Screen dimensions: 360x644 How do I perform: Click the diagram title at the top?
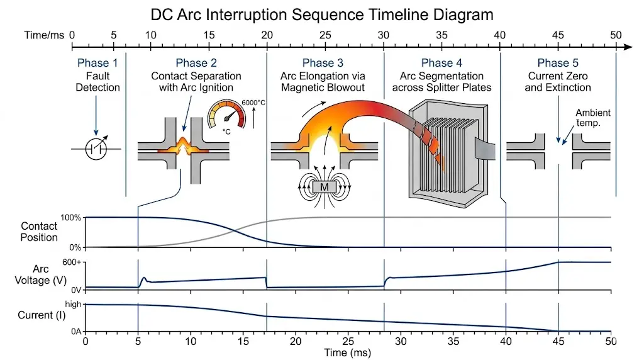point(322,14)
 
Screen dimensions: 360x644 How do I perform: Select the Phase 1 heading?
point(97,63)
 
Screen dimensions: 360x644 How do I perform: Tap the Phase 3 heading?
point(323,63)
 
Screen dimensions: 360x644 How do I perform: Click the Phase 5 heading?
point(558,63)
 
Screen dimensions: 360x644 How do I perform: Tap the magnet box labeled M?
point(324,186)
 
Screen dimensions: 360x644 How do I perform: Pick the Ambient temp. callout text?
point(593,118)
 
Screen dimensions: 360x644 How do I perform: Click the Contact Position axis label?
point(39,232)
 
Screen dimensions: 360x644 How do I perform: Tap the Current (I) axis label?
point(38,315)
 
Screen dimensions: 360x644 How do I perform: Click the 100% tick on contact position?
point(71,218)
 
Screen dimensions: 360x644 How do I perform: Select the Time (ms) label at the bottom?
point(347,353)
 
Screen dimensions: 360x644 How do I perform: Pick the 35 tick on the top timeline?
point(441,35)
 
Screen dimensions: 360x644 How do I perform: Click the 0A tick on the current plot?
point(75,331)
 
